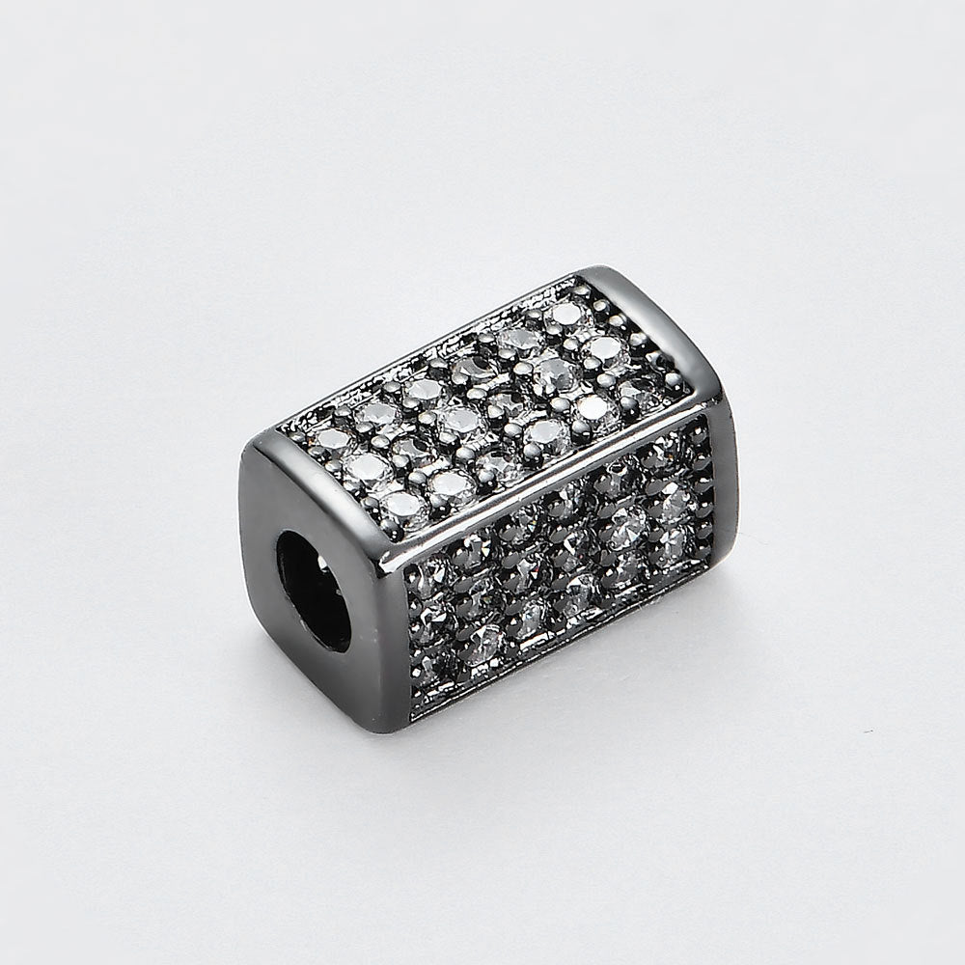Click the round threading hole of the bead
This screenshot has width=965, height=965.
click(315, 589)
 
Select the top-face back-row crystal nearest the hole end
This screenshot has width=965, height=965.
click(333, 439)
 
